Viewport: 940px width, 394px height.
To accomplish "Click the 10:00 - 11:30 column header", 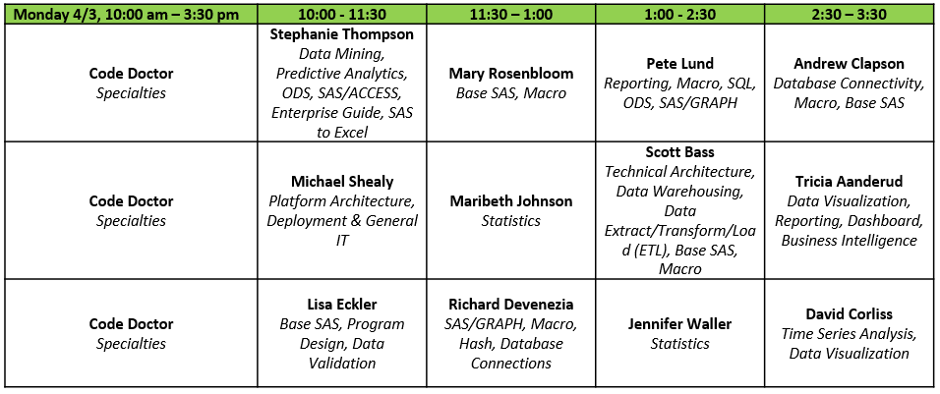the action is pos(342,14).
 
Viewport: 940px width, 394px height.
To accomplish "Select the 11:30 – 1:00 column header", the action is pos(511,14).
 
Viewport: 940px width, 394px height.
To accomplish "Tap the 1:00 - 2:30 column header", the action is pos(679,14).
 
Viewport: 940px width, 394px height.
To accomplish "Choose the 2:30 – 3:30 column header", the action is pos(849,14).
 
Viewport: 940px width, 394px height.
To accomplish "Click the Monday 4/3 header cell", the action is pos(126,14).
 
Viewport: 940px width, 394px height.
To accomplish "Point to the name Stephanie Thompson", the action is pos(342,34).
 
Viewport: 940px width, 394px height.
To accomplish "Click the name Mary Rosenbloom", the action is pos(511,74).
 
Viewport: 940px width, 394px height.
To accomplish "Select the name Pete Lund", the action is pos(679,64).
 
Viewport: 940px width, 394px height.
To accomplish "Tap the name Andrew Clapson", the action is pos(849,64).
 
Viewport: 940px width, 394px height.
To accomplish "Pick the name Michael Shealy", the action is pos(342,182).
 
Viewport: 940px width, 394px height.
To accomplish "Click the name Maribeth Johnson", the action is pos(511,201).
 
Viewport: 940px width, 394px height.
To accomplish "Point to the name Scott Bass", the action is pos(679,152).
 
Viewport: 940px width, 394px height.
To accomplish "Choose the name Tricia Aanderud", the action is pos(849,182).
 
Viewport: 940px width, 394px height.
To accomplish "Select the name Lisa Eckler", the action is pos(342,305).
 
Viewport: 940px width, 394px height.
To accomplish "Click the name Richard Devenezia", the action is pos(511,305).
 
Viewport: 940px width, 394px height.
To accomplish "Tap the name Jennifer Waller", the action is pos(679,324).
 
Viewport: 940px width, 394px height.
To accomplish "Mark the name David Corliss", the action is pos(849,313).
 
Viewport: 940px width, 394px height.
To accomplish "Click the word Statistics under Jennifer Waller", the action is pos(679,344).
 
